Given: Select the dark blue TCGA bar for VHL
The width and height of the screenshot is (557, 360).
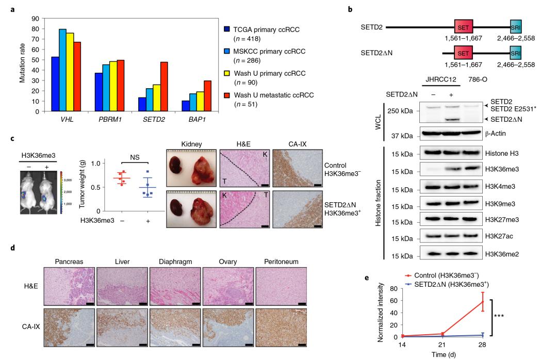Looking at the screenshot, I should (x=55, y=84).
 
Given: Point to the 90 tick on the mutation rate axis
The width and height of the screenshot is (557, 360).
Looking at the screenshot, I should (x=36, y=19).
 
